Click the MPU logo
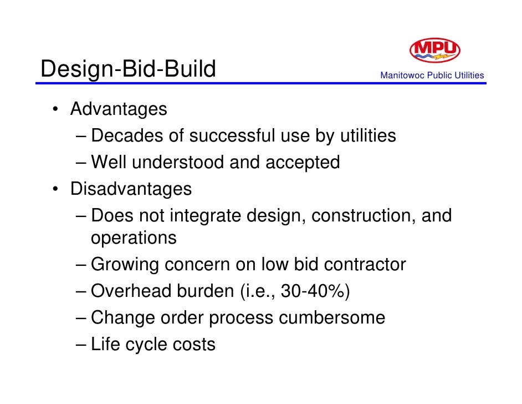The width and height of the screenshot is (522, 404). click(434, 50)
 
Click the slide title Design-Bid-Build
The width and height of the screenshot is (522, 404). click(128, 69)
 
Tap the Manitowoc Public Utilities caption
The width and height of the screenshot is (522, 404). click(432, 75)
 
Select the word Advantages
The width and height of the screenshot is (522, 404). click(119, 109)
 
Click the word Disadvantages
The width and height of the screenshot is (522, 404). click(131, 189)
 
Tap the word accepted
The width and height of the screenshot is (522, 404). click(303, 164)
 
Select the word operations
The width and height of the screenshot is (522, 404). click(134, 238)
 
